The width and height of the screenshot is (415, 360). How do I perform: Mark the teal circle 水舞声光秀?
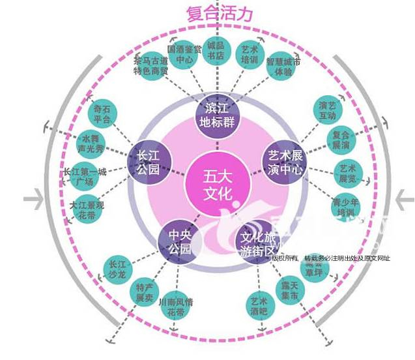91,143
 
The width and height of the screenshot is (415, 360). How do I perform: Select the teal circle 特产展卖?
144,292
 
